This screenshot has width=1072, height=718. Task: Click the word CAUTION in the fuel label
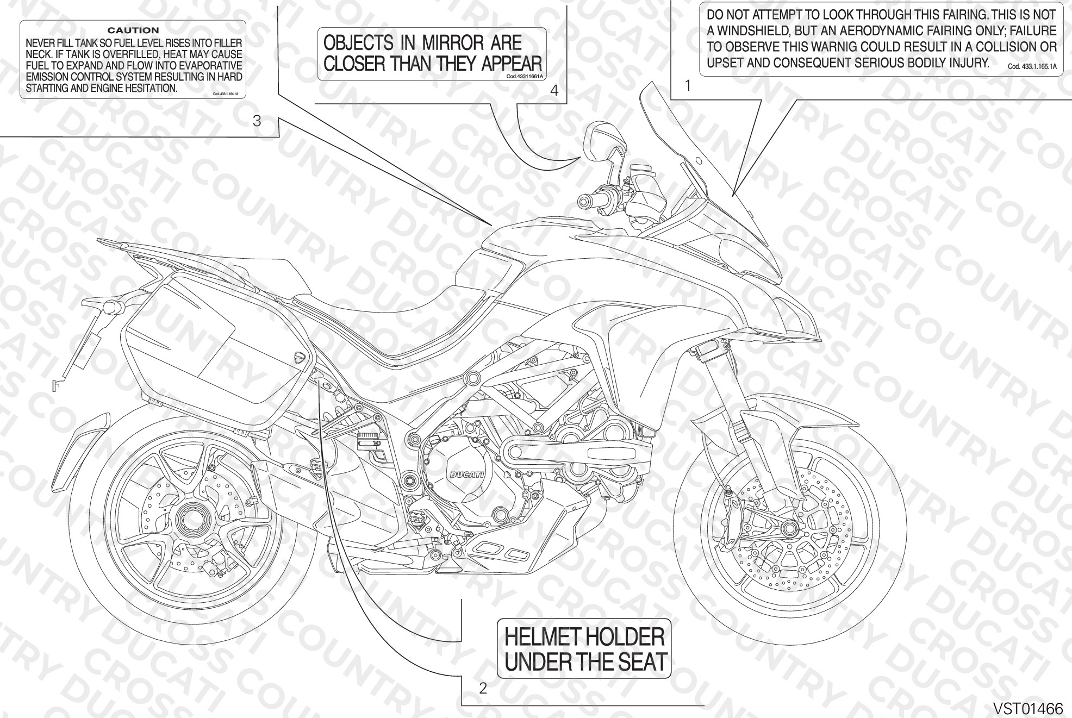pos(133,30)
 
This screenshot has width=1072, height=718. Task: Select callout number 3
pos(257,121)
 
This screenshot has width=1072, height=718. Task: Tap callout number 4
pos(554,91)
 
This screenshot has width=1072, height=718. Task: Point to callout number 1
pos(688,86)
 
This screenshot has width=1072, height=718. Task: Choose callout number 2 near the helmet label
pos(483,689)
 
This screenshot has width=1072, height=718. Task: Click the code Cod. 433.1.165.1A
pos(1032,67)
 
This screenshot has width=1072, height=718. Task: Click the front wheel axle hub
pos(787,527)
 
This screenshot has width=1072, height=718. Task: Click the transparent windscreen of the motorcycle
pos(701,168)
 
